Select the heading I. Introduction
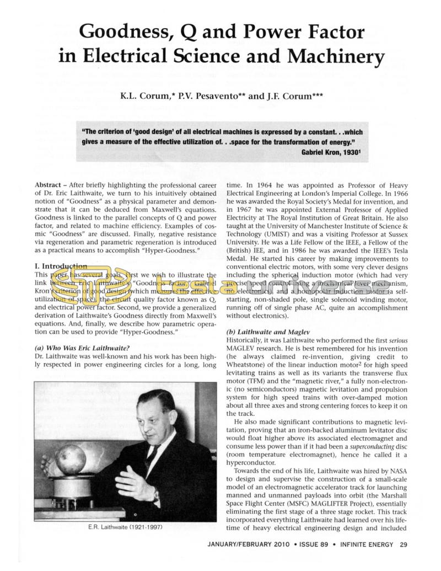[x=61, y=266]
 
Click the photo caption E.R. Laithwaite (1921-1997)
[x=125, y=527]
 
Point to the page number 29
[x=404, y=545]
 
